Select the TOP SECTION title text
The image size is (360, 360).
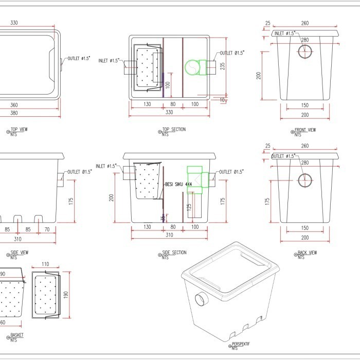173,130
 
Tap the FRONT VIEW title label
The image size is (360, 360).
305,130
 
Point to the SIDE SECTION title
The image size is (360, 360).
174,253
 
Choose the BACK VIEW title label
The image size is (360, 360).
307,253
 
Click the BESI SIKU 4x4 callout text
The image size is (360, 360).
178,184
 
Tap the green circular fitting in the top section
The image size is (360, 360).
191,67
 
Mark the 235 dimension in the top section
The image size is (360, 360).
222,66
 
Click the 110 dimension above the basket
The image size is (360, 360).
45,264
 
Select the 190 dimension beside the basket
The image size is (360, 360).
66,295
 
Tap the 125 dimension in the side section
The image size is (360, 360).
189,207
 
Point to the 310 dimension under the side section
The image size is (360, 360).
169,235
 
